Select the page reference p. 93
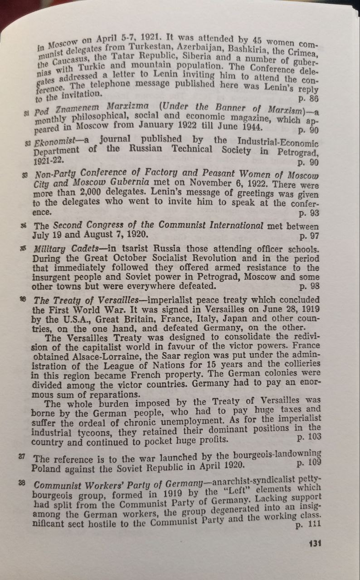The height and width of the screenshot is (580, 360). [x=309, y=213]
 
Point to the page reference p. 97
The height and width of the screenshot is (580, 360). [x=309, y=236]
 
